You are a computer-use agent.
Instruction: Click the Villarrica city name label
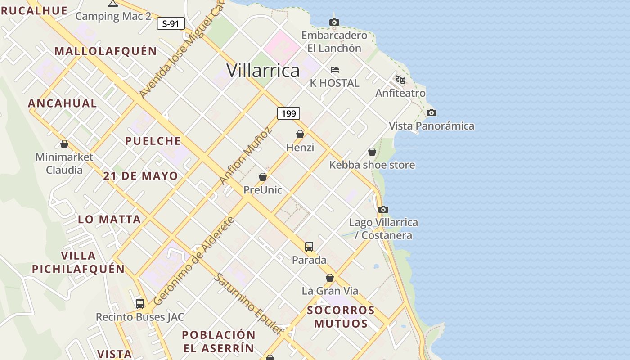click(x=263, y=71)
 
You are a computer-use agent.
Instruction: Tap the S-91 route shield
click(x=171, y=23)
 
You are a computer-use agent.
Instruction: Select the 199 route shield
click(x=288, y=113)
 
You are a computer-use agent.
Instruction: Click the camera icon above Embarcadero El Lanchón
click(x=334, y=22)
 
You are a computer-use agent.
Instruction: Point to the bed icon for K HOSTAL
click(x=335, y=70)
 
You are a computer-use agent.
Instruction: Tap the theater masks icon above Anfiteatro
click(x=400, y=80)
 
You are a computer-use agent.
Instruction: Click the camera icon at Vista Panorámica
click(x=432, y=112)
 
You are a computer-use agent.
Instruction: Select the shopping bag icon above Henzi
click(x=300, y=134)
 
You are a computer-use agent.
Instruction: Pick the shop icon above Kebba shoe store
click(x=372, y=152)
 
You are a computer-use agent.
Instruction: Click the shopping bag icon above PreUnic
click(x=263, y=177)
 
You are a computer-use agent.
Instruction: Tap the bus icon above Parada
click(x=309, y=247)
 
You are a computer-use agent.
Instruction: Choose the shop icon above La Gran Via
click(x=330, y=278)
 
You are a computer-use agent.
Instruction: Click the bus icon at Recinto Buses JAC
click(x=140, y=304)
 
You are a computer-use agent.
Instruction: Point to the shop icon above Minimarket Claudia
click(x=64, y=144)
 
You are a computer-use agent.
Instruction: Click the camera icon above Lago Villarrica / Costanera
click(x=383, y=209)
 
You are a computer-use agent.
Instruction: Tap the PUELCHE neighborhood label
click(x=153, y=141)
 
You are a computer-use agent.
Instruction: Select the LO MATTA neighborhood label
click(x=109, y=220)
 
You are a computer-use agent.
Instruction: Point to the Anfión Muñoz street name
click(x=246, y=156)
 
